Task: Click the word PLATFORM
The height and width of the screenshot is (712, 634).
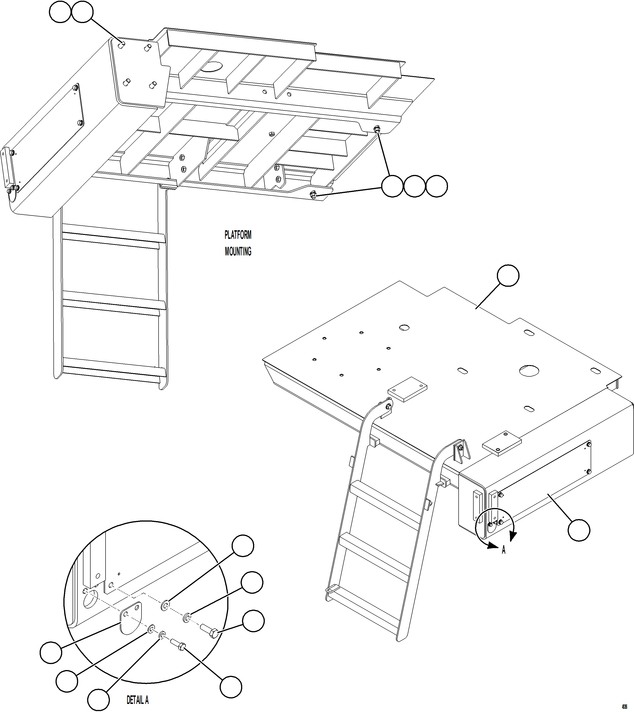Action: [238, 235]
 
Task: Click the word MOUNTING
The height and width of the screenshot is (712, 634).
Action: [238, 251]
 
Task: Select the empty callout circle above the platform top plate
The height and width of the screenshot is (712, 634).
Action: [507, 275]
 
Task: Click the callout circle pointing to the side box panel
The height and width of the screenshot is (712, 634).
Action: [579, 530]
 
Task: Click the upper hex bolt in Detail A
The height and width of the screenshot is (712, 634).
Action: [209, 630]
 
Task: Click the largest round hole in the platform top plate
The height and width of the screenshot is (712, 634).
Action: [529, 370]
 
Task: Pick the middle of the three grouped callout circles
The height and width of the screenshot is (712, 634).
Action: [415, 186]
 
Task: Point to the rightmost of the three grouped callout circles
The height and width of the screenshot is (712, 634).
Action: [437, 186]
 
